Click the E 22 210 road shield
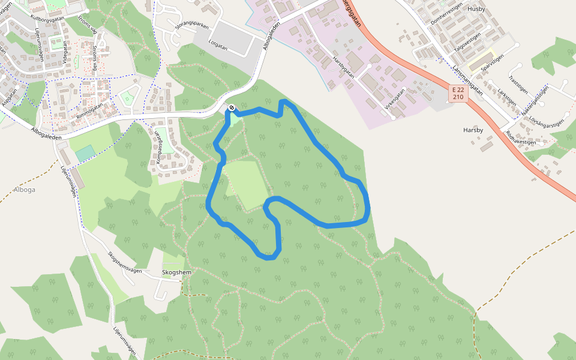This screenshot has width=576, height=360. (x=458, y=93)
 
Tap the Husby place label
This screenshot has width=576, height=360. (x=475, y=9)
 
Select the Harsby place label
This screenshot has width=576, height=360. (x=473, y=130)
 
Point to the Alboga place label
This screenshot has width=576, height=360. (x=25, y=189)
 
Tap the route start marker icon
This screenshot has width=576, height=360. (x=232, y=108)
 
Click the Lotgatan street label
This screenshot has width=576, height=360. (x=218, y=45)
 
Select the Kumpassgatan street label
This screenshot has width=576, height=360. (x=159, y=148)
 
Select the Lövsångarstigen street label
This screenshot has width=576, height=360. (x=546, y=122)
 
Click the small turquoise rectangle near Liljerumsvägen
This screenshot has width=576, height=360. (x=85, y=153)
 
